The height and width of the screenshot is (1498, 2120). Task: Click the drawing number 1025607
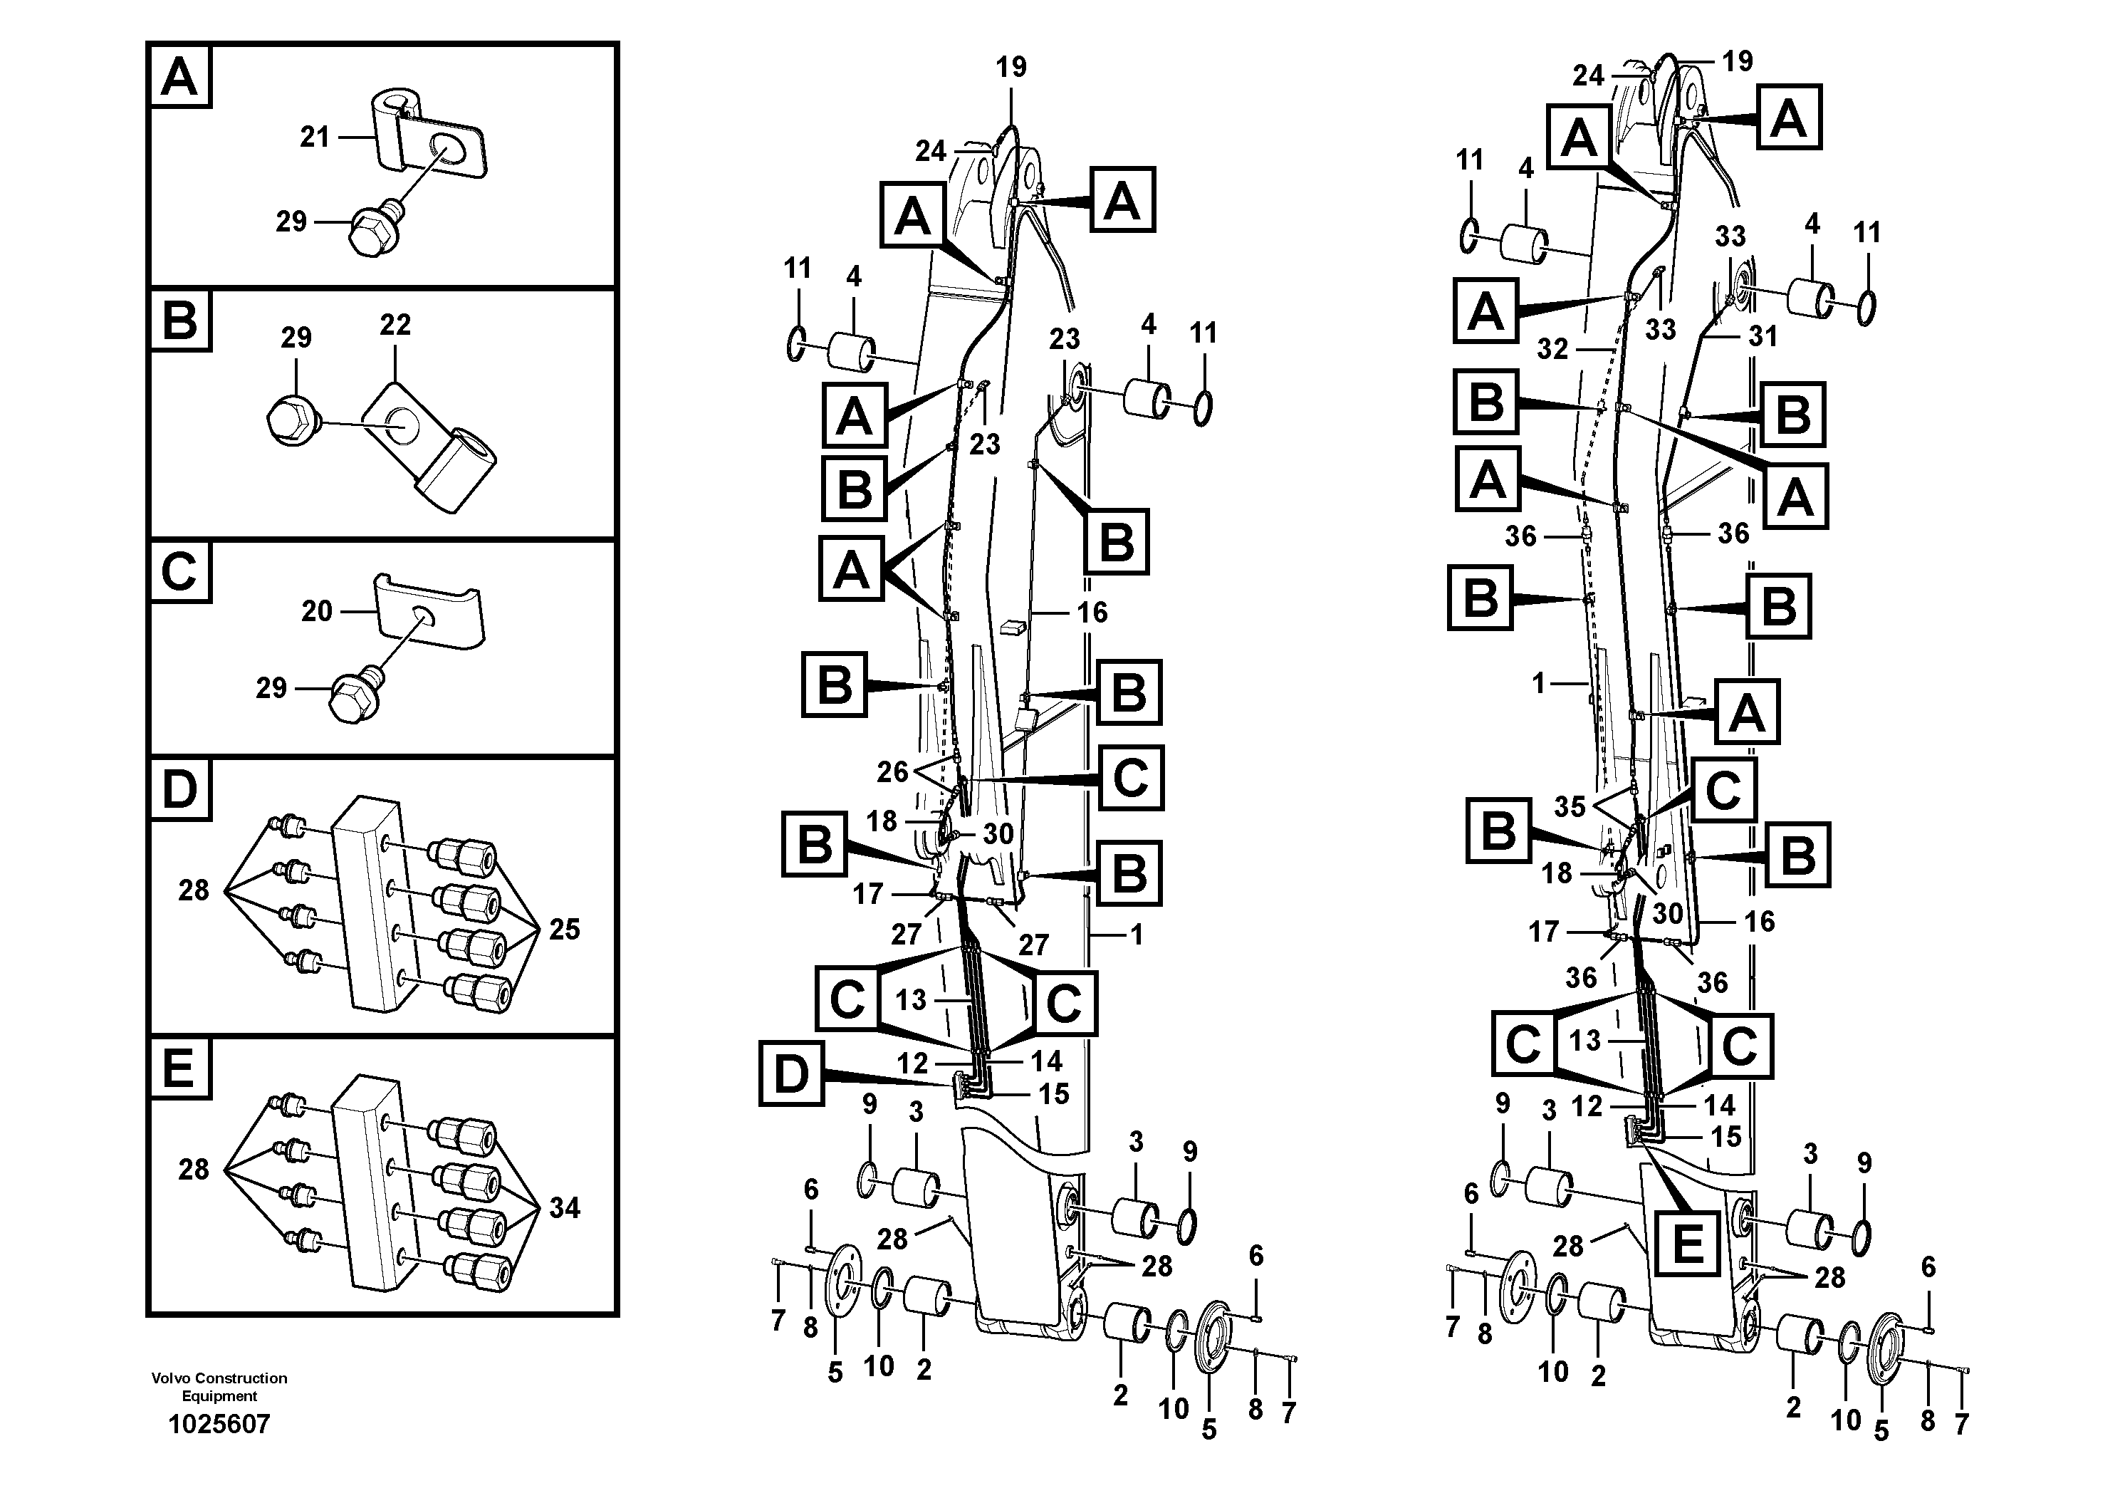point(219,1423)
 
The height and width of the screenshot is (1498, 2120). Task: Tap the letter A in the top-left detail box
point(179,77)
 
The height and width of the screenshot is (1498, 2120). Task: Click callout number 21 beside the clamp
point(315,137)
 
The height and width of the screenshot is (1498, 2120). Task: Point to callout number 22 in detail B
point(395,325)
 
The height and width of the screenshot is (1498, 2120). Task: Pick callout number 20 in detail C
point(317,610)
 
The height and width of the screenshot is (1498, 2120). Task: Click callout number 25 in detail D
point(564,929)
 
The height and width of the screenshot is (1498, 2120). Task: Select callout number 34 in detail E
point(564,1208)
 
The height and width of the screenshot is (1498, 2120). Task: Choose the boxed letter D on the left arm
point(790,1073)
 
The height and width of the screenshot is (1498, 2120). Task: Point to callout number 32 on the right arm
point(1552,348)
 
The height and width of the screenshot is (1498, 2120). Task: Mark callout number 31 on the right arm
point(1763,336)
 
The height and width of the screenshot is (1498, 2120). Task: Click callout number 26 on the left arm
point(892,771)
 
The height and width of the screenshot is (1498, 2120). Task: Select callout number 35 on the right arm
point(1570,806)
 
